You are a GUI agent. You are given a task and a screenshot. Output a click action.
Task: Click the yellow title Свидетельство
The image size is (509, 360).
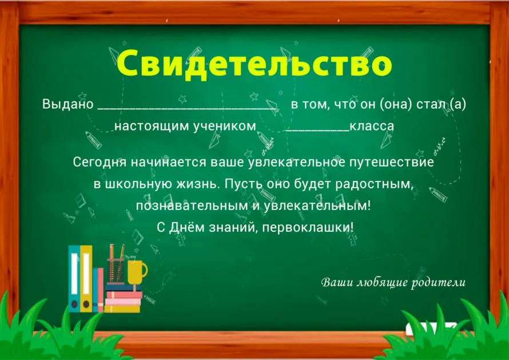point(254,64)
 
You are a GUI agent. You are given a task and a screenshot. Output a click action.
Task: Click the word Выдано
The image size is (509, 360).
point(68,104)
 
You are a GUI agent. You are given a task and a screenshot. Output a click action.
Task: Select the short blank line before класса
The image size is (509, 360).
point(317,130)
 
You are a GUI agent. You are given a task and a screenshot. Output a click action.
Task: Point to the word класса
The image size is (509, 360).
point(372,126)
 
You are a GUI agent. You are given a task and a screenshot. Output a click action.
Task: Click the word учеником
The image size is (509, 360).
point(225,126)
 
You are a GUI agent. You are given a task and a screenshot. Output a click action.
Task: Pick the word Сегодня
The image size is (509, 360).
point(100,162)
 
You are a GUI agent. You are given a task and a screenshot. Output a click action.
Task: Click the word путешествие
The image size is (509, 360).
point(392,162)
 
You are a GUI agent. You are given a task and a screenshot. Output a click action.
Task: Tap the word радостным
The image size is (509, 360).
point(374,184)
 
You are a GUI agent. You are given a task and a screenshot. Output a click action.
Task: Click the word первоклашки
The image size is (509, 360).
point(308,227)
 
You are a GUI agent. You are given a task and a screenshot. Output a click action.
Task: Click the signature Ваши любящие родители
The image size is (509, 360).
point(393,282)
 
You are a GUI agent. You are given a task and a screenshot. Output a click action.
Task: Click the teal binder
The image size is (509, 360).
point(74,279)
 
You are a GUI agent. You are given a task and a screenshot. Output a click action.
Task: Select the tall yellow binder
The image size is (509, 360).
point(86,279)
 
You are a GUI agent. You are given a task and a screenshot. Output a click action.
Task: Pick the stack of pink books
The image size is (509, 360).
point(123,302)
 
